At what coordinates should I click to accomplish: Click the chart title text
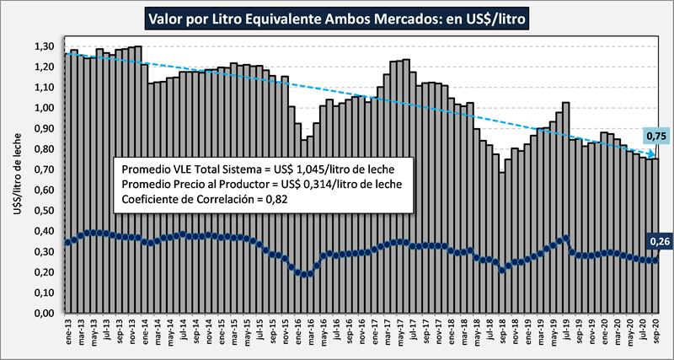[x=337, y=17]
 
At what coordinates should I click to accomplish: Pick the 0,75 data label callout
[x=656, y=137]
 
